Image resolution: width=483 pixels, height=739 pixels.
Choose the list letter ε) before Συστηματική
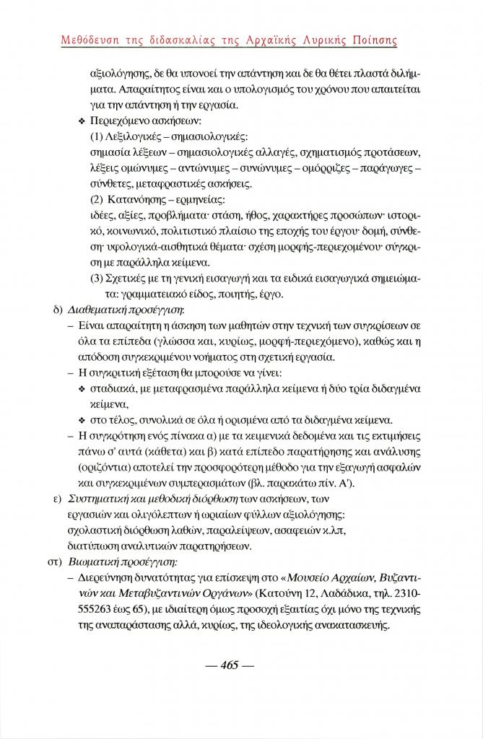pyautogui.click(x=53, y=499)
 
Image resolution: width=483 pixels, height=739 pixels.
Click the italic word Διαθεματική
pyautogui.click(x=97, y=310)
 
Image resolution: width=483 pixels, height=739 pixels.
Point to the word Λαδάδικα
pyautogui.click(x=353, y=593)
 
